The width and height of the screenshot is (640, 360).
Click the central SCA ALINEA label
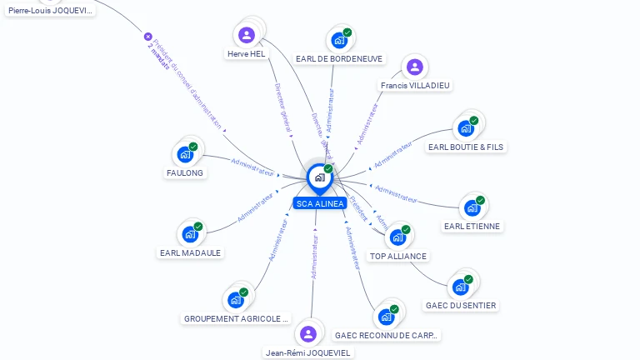point(319,203)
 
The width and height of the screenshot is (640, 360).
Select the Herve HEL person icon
point(246,35)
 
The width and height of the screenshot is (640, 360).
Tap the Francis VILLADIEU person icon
point(414,67)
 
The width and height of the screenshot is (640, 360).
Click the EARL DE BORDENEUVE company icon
point(339,40)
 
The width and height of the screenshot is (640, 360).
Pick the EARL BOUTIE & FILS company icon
point(466,128)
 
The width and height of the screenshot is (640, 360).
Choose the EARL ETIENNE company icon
point(472,207)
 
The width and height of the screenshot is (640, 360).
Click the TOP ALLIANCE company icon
point(397,237)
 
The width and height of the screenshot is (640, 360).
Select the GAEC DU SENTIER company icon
point(460,287)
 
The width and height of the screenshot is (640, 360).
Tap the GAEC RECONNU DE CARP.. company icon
point(386,317)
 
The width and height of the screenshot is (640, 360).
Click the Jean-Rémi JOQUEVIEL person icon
point(308,334)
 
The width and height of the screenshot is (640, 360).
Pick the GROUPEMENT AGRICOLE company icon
point(236,300)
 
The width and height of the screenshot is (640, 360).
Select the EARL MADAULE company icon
point(190,234)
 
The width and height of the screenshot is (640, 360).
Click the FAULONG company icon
point(185,154)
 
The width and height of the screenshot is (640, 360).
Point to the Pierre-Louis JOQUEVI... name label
point(51,11)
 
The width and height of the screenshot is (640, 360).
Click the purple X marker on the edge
point(148,37)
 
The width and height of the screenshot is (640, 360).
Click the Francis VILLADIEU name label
point(416,85)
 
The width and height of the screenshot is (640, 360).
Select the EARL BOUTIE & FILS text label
point(466,147)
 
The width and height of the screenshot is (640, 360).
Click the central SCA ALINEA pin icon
point(318,177)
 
